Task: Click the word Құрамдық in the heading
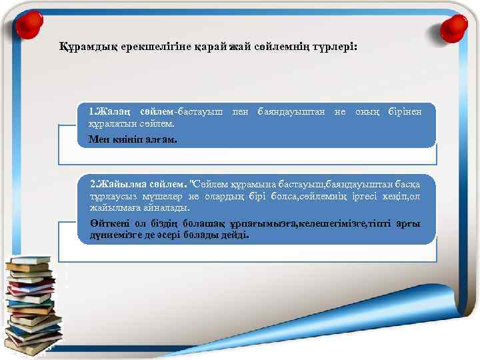click(x=79, y=48)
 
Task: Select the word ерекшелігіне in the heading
click(x=139, y=48)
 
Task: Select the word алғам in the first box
click(x=162, y=139)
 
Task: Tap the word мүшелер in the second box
click(x=159, y=196)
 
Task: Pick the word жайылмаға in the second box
click(x=112, y=209)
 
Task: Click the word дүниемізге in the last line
click(x=114, y=235)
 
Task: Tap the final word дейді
click(x=237, y=235)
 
